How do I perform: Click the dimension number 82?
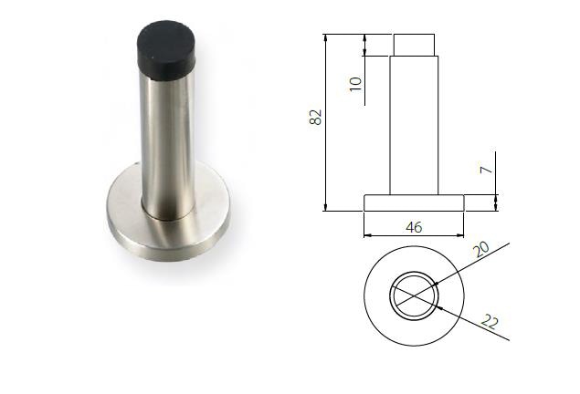[x=316, y=118]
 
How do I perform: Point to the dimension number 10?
[x=355, y=84]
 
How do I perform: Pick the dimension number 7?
[x=487, y=171]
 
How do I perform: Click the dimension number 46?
[x=413, y=227]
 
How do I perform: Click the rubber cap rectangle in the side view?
[x=414, y=45]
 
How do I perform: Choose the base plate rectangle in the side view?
[x=414, y=202]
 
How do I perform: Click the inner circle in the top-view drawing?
[x=414, y=296]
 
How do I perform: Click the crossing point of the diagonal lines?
[x=414, y=296]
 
